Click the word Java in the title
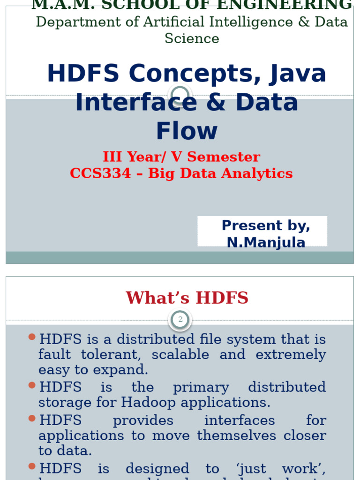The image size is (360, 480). [x=298, y=74]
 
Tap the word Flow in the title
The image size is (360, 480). [x=187, y=131]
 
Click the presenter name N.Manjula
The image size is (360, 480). [x=266, y=242]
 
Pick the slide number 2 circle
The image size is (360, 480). [x=180, y=320]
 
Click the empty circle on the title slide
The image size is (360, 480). [x=180, y=95]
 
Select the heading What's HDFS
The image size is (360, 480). [x=187, y=298]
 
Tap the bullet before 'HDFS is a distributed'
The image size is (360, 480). [x=32, y=337]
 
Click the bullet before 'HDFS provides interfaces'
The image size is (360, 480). [x=32, y=418]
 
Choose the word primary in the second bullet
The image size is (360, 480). [x=201, y=388]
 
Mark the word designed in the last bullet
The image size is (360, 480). [x=157, y=469]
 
